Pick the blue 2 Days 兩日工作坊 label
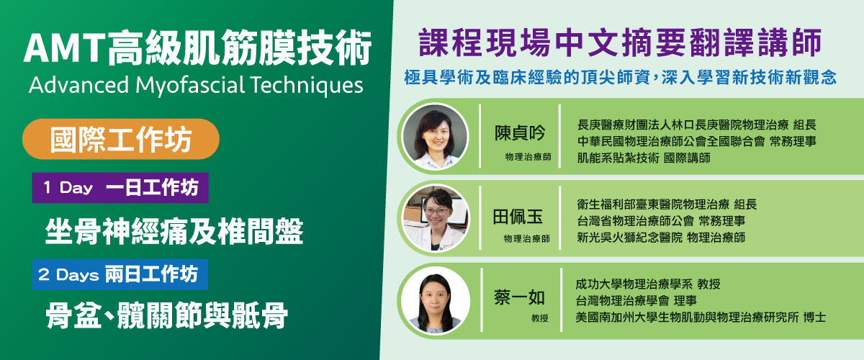click(120, 274)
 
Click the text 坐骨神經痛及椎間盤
click(174, 231)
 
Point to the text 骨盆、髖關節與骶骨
click(166, 315)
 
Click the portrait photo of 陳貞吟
click(436, 135)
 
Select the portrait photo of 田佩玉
click(436, 217)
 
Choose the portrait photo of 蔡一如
click(436, 300)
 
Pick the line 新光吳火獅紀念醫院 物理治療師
click(661, 237)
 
